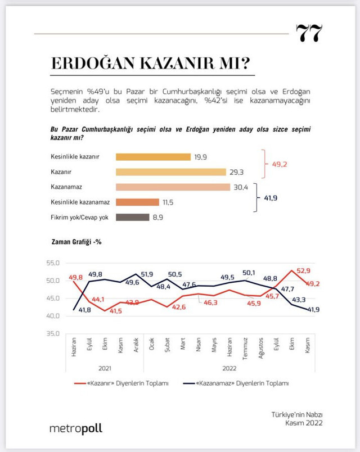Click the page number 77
pos(310,33)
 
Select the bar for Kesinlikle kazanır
pos(153,157)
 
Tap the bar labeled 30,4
pos(173,187)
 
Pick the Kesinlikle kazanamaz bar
pos(137,202)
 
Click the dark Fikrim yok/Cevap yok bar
pos(132,216)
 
